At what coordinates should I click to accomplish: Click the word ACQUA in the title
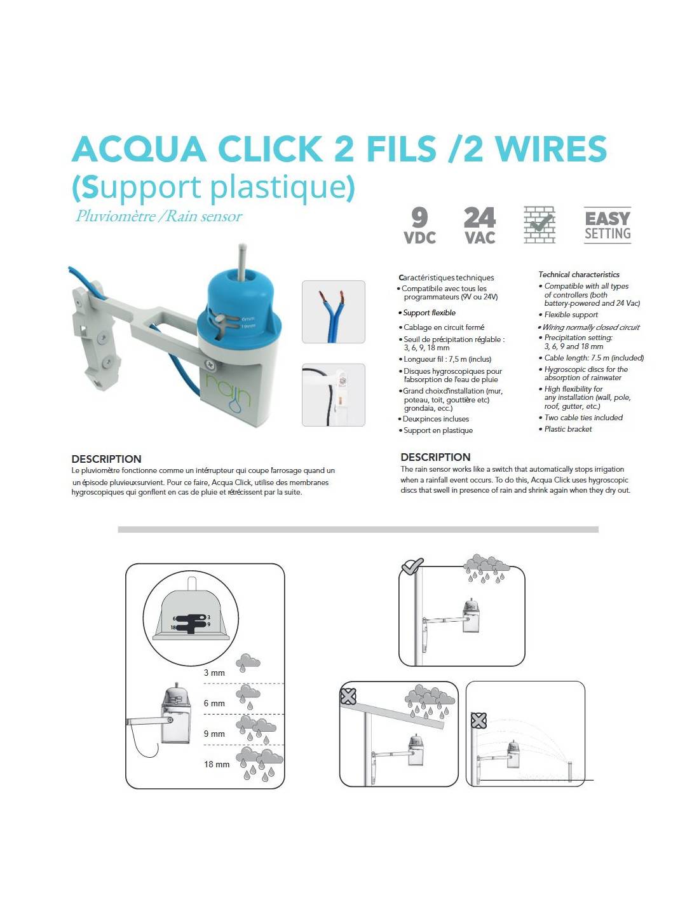click(139, 149)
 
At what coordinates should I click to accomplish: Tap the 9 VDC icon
click(419, 225)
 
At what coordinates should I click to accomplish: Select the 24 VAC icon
click(480, 225)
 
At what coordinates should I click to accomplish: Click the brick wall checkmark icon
click(540, 224)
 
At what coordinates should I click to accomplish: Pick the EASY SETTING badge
click(607, 225)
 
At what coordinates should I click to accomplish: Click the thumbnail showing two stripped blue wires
click(333, 312)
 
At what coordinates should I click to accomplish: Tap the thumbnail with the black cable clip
click(333, 395)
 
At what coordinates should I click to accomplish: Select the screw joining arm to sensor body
click(211, 365)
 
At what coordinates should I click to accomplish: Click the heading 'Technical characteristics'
click(579, 275)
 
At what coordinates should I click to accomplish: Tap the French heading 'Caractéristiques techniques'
click(446, 277)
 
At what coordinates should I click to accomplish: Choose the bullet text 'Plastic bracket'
click(568, 429)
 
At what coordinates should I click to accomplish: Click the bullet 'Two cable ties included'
click(583, 418)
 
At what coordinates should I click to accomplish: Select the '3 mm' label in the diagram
click(214, 673)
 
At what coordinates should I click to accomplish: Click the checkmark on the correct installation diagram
click(412, 566)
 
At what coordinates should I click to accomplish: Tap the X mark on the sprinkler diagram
click(478, 720)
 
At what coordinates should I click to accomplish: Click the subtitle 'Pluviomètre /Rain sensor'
click(158, 216)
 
